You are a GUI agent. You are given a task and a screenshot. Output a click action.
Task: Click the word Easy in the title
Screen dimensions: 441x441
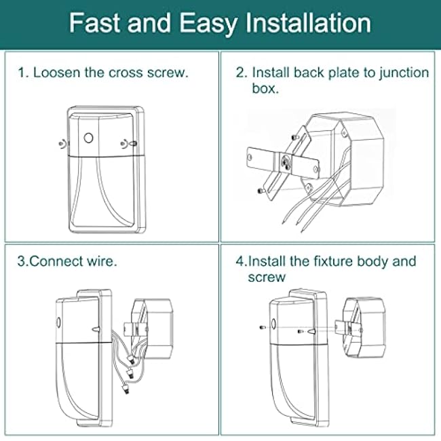tap(200, 24)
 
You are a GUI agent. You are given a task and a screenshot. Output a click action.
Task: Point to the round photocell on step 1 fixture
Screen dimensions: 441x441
tap(88, 138)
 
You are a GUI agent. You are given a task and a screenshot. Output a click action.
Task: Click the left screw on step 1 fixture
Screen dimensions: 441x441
tap(61, 144)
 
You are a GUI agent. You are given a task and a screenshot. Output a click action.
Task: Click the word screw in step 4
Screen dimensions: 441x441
tap(267, 277)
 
